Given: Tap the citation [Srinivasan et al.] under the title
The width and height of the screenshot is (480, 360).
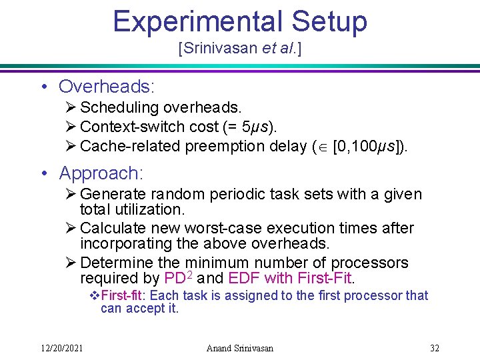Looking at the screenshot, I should (239, 49).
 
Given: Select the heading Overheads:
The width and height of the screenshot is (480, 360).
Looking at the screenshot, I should (107, 87).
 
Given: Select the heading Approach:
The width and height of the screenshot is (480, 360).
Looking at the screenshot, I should (101, 173).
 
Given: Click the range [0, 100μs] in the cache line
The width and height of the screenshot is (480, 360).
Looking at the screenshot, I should (367, 146).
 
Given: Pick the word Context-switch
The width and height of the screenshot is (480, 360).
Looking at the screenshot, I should (130, 127).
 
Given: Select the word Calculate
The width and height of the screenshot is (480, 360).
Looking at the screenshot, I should (111, 228).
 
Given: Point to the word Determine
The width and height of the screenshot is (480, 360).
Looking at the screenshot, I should (115, 262).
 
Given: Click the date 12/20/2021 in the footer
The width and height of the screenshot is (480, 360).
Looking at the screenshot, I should (62, 348).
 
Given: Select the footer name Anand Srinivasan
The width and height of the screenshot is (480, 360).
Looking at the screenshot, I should (239, 348).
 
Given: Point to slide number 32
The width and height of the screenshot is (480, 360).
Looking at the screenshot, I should (435, 348).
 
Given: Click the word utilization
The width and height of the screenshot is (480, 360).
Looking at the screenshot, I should (158, 209).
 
